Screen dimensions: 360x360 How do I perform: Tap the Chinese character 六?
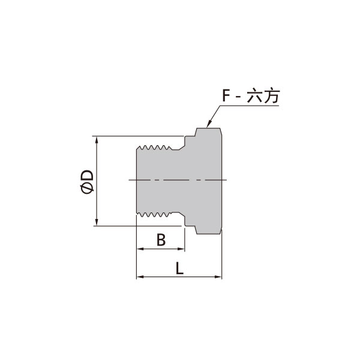tap(254, 96)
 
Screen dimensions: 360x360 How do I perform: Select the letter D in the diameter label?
tap(88, 176)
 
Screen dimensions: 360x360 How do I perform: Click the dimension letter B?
tap(160, 240)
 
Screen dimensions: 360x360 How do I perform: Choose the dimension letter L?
tap(180, 268)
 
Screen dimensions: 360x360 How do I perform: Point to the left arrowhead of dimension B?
tap(140, 249)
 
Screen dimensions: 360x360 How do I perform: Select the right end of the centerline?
tap(227, 179)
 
